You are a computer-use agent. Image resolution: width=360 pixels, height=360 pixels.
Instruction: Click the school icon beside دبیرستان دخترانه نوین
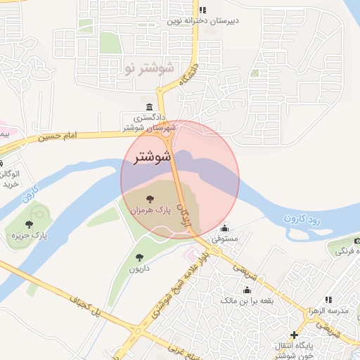pyautogui.click(x=202, y=10)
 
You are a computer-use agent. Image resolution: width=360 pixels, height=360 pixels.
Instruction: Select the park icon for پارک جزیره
pyautogui.click(x=29, y=225)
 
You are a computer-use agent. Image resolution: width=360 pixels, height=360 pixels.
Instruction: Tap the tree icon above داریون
pyautogui.click(x=139, y=257)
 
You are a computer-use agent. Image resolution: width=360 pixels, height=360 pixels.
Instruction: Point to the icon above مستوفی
pyautogui.click(x=224, y=229)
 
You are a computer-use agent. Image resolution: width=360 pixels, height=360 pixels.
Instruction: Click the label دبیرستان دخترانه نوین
pyautogui.click(x=202, y=20)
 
